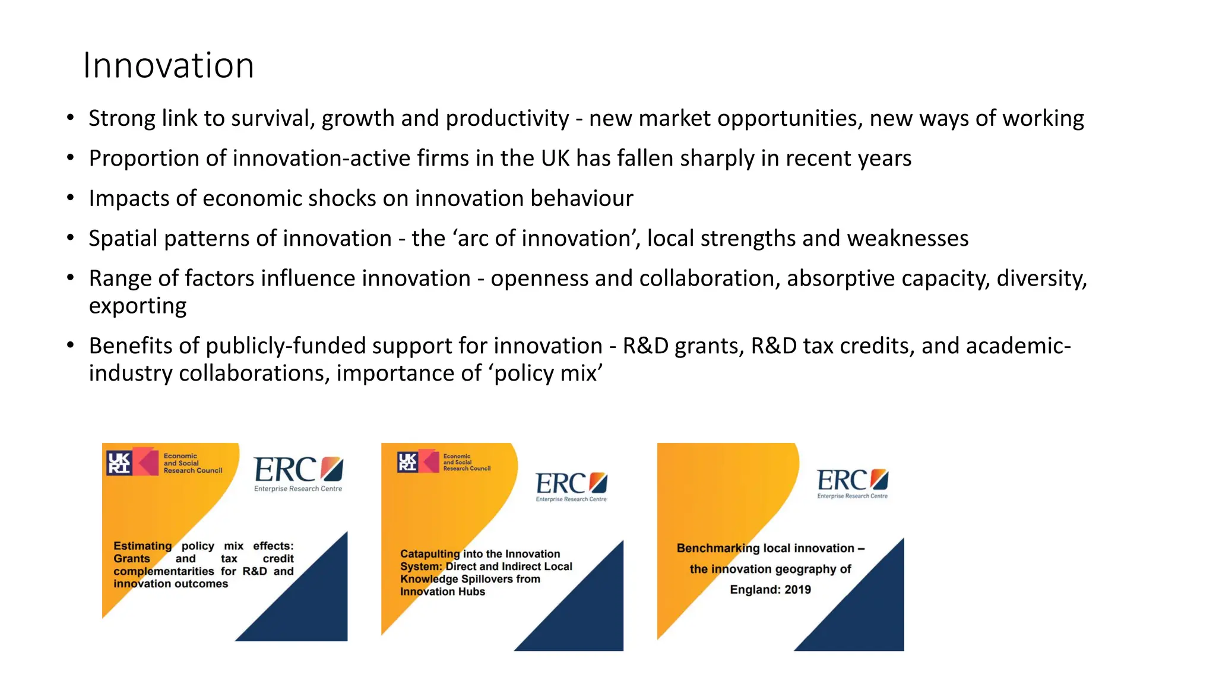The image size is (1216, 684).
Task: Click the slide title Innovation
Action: coord(169,65)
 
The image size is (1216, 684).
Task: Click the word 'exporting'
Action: coord(137,306)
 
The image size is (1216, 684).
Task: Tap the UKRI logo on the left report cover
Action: coord(119,463)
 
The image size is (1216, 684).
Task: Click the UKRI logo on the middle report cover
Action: coord(407,461)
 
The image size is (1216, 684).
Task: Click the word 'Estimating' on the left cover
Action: coord(142,546)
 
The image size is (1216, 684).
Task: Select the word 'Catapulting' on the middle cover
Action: coord(430,553)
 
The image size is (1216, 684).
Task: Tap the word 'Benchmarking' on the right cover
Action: coord(718,548)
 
